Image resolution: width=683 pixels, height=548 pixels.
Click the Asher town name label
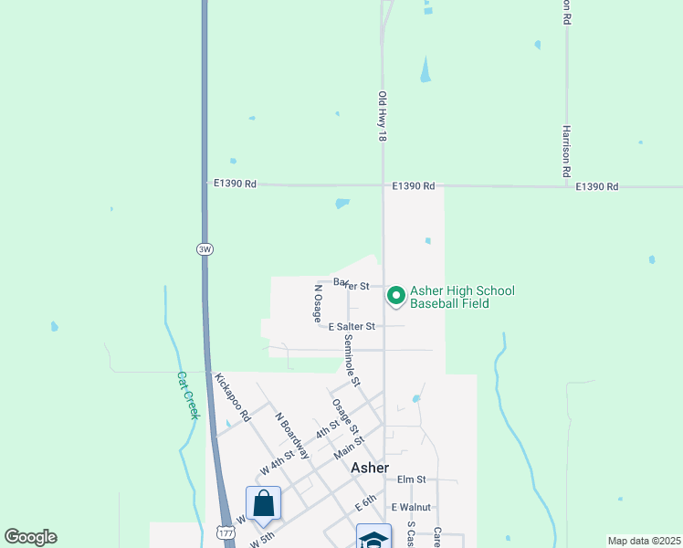(x=370, y=467)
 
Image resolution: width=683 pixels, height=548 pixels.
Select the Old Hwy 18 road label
(x=383, y=116)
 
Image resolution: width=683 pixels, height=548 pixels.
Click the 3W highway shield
(x=204, y=248)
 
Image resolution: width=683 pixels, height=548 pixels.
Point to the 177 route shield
(x=225, y=531)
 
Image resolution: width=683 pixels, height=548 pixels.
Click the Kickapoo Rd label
(x=232, y=395)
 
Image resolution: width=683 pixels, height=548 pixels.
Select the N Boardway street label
(x=292, y=433)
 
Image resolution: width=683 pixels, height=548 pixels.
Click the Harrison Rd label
(x=566, y=151)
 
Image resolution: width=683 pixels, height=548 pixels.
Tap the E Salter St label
(x=352, y=326)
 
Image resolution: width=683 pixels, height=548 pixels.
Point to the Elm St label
(x=412, y=479)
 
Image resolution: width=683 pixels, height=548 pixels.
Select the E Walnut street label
(x=410, y=507)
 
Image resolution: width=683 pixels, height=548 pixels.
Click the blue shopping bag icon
(x=263, y=503)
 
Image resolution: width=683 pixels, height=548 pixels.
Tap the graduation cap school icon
(x=373, y=537)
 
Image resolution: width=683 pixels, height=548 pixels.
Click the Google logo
(x=30, y=537)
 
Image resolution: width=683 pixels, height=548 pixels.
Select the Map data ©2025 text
(x=643, y=541)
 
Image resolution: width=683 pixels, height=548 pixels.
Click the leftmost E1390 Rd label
(x=236, y=184)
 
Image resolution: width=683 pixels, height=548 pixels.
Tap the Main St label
(x=349, y=445)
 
